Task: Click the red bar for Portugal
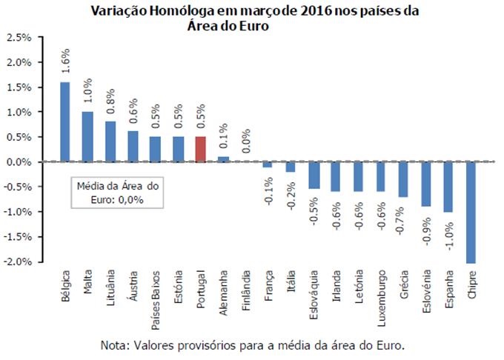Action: [200, 149]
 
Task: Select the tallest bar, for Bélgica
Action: [65, 121]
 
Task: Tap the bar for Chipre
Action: [471, 212]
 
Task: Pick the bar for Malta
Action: [87, 136]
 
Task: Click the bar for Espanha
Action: [448, 187]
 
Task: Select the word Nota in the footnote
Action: [113, 345]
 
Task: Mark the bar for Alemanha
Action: [223, 159]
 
